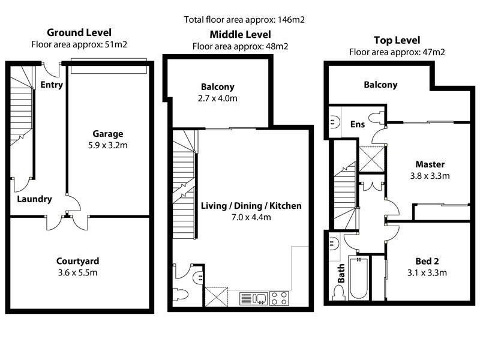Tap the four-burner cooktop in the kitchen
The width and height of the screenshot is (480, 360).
[279, 298]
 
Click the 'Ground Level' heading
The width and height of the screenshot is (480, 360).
[79, 32]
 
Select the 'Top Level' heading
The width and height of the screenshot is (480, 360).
[397, 40]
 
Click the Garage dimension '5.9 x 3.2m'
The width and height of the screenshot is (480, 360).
[108, 145]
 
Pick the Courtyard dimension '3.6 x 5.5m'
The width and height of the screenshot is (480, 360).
[77, 272]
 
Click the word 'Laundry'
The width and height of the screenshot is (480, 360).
[34, 199]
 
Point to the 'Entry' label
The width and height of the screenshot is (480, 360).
[52, 85]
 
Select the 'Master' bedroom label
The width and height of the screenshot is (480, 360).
[430, 164]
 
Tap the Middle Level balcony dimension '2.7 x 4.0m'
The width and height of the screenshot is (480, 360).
[218, 98]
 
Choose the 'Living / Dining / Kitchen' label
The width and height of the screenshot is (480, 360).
[251, 206]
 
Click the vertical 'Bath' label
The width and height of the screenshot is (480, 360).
[341, 273]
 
